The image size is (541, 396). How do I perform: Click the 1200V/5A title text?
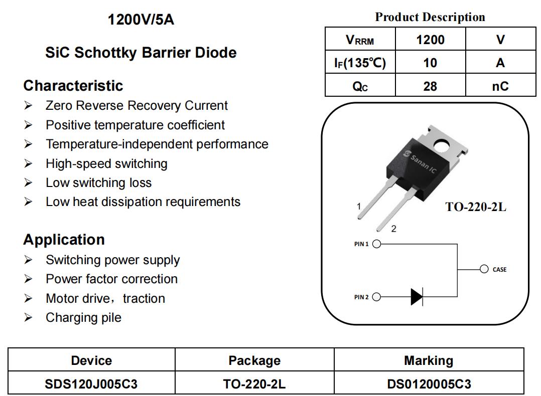141,20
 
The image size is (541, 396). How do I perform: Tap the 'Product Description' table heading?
430,17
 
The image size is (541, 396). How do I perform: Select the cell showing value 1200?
430,40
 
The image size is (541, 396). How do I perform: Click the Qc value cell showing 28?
430,86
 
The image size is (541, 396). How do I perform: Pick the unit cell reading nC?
500,86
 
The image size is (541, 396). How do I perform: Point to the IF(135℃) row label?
360,63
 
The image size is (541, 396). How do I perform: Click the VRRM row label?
360,40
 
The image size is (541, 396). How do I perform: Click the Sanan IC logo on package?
421,161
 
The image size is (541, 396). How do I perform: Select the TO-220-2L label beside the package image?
476,207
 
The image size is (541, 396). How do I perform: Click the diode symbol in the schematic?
417,297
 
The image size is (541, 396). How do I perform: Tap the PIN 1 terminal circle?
377,244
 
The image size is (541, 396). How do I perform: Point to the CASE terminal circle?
484,269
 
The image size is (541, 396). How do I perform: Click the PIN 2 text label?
361,297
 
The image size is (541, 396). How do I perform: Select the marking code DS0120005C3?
429,384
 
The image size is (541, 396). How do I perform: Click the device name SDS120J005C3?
91,384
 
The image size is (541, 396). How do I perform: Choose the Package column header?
254,360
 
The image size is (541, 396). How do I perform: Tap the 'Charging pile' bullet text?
83,317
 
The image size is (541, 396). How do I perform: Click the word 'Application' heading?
64,240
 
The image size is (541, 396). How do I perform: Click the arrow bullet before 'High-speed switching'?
28,163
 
